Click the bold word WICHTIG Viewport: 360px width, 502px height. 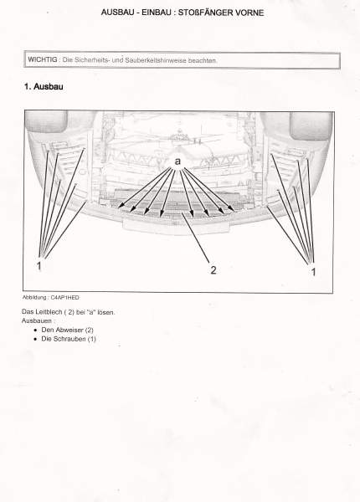pyautogui.click(x=42, y=59)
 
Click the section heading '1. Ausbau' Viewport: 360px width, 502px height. pyautogui.click(x=44, y=86)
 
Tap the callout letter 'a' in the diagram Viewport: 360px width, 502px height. pyautogui.click(x=177, y=161)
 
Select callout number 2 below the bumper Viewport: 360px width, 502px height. pyautogui.click(x=213, y=270)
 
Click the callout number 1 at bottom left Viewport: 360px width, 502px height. pyautogui.click(x=39, y=266)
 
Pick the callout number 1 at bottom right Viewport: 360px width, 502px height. pyautogui.click(x=314, y=272)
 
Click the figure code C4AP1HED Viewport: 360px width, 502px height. pyautogui.click(x=64, y=297)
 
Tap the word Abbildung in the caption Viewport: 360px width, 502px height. pyautogui.click(x=34, y=297)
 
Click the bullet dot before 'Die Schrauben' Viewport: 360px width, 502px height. pyautogui.click(x=35, y=339)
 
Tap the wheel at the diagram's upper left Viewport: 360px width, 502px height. pyautogui.click(x=46, y=121)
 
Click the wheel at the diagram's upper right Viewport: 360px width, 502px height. pyautogui.click(x=311, y=125)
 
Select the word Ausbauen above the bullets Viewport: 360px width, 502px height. pyautogui.click(x=37, y=320)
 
